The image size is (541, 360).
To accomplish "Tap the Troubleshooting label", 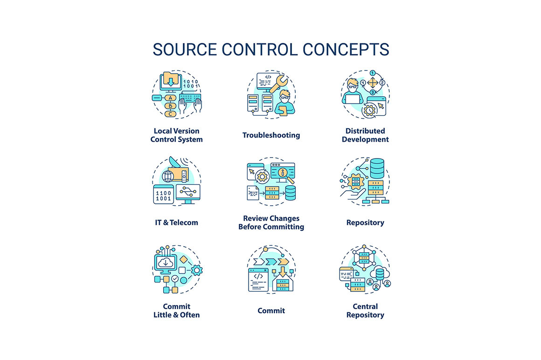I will (271, 135).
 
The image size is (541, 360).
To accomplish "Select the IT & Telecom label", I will (177, 222).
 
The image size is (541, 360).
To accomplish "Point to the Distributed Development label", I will (365, 135).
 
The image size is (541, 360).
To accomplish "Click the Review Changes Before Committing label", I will (271, 222).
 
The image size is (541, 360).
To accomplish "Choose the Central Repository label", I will (365, 311).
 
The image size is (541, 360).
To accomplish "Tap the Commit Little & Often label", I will (177, 311).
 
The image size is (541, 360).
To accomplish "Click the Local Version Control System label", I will (177, 135).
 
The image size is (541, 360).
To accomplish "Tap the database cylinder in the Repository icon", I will (376, 166).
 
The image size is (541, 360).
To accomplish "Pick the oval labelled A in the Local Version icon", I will (171, 98).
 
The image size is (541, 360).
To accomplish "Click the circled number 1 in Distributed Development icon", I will (373, 73).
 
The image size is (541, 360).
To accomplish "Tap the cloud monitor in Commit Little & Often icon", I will (166, 263).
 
